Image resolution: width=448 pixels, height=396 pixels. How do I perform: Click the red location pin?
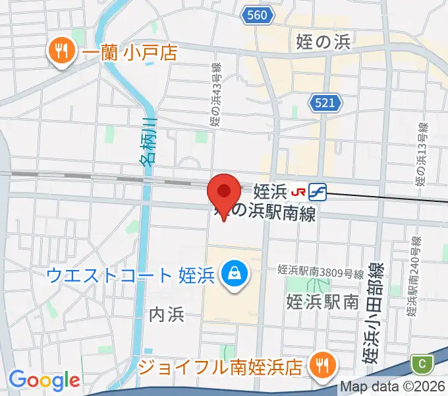pyautogui.click(x=223, y=193)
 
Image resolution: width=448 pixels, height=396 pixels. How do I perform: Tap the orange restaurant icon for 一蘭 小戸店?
pyautogui.click(x=62, y=51)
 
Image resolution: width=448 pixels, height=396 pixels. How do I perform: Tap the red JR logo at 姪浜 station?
pyautogui.click(x=298, y=192)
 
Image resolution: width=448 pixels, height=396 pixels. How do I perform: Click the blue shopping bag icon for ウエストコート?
pyautogui.click(x=233, y=273)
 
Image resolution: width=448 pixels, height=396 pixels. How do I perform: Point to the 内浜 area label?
pyautogui.click(x=166, y=314)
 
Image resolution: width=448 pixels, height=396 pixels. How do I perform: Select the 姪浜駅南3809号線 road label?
pyautogui.click(x=321, y=271)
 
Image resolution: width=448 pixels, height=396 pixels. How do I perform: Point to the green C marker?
pyautogui.click(x=422, y=362)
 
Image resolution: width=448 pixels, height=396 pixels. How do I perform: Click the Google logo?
pyautogui.click(x=44, y=380)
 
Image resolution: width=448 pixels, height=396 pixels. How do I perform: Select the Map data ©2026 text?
pyautogui.click(x=393, y=387)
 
